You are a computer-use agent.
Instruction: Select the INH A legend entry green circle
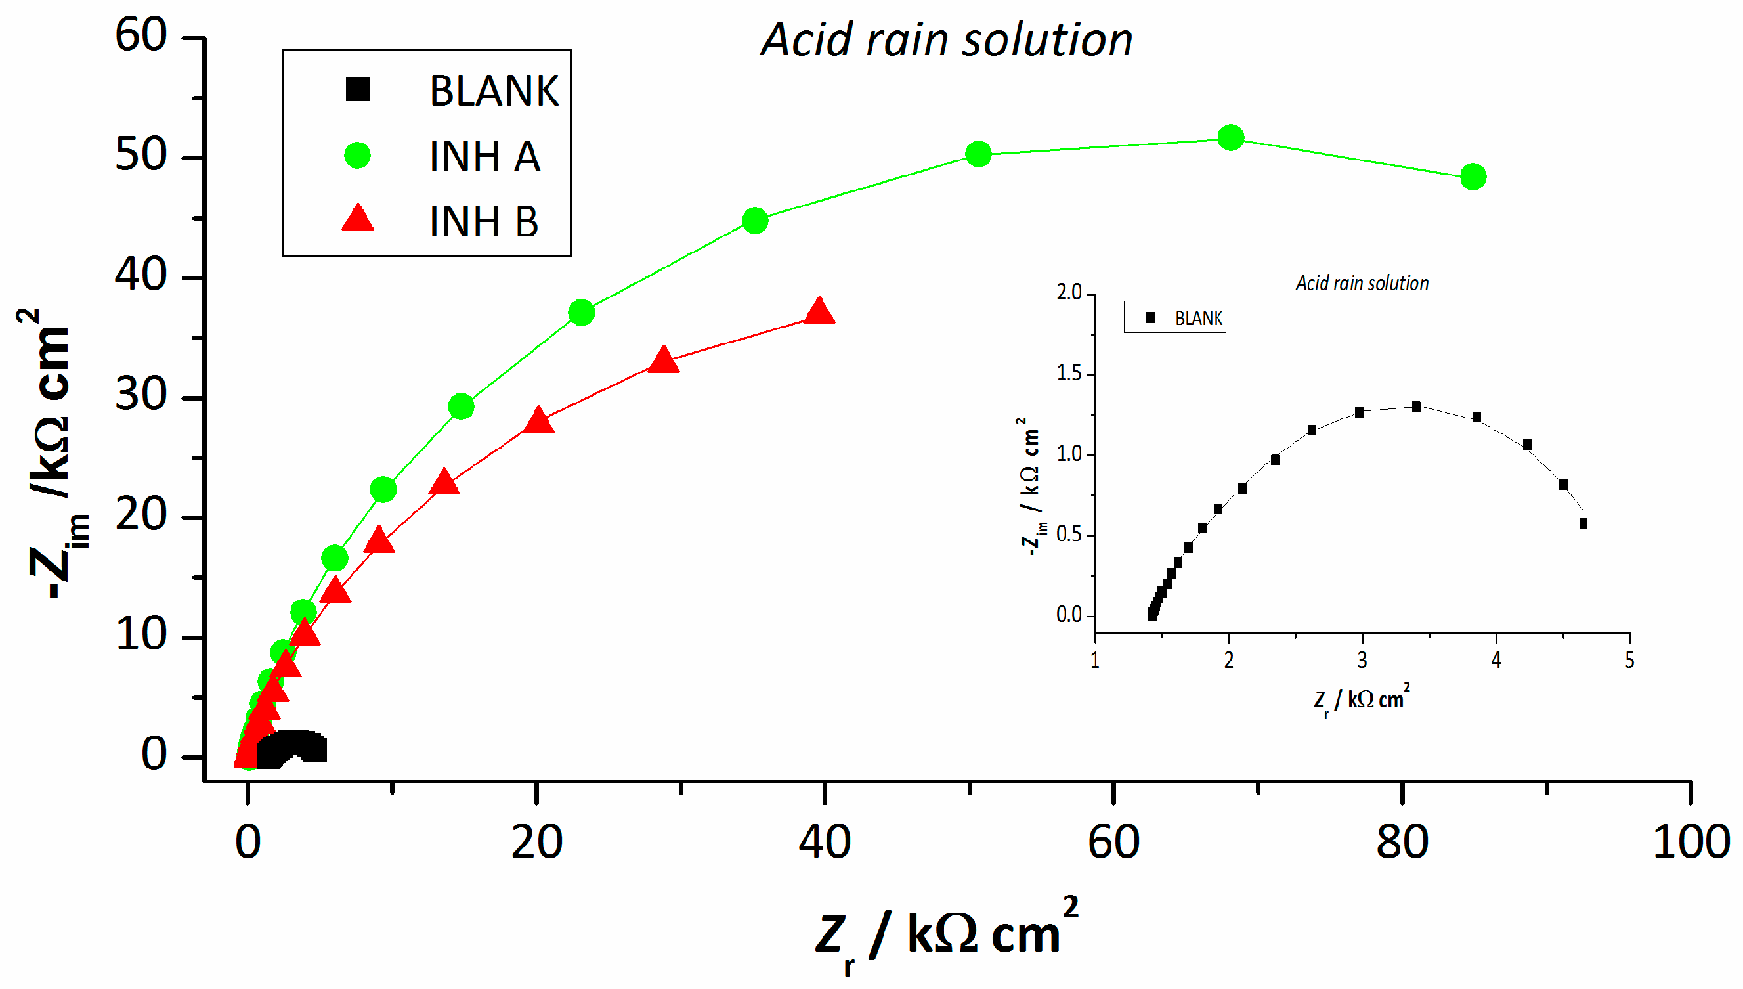357,156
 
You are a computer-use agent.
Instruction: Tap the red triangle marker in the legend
357,218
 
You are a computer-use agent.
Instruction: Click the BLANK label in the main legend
494,91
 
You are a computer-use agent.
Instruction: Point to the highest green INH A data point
1230,138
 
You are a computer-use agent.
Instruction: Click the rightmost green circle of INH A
1473,177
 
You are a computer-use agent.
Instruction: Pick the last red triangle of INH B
819,311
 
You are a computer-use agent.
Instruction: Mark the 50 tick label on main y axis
140,156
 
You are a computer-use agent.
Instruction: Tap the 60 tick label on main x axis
1113,843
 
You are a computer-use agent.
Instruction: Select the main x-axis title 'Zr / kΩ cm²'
947,934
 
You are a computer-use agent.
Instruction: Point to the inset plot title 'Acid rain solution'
1362,283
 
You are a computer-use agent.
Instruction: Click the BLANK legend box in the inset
1174,317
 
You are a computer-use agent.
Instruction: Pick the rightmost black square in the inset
1583,523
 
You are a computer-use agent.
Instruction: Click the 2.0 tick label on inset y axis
1069,293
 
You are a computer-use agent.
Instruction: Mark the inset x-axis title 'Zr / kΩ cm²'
1362,699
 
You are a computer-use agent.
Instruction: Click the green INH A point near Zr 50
978,154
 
